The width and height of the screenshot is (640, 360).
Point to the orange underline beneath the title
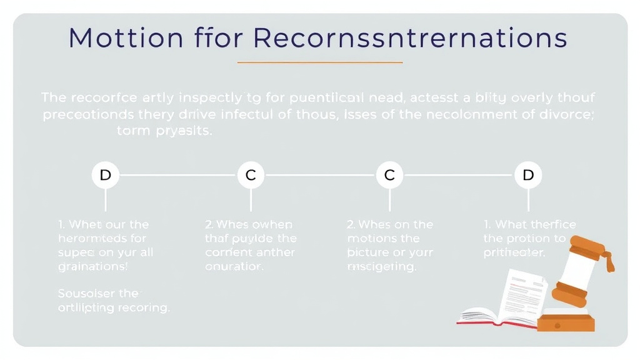[x=320, y=62]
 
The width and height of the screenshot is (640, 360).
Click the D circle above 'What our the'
[x=105, y=176]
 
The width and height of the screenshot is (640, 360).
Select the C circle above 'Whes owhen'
[x=251, y=176]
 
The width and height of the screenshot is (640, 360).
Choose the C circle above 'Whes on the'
[x=389, y=176]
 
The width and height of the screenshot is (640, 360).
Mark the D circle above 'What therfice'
[x=528, y=176]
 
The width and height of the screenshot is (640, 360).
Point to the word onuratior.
[x=234, y=267]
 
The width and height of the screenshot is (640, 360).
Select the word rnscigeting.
[x=381, y=267]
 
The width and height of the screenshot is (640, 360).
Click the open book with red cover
[x=494, y=316]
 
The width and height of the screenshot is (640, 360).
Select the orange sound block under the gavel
[x=566, y=322]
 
